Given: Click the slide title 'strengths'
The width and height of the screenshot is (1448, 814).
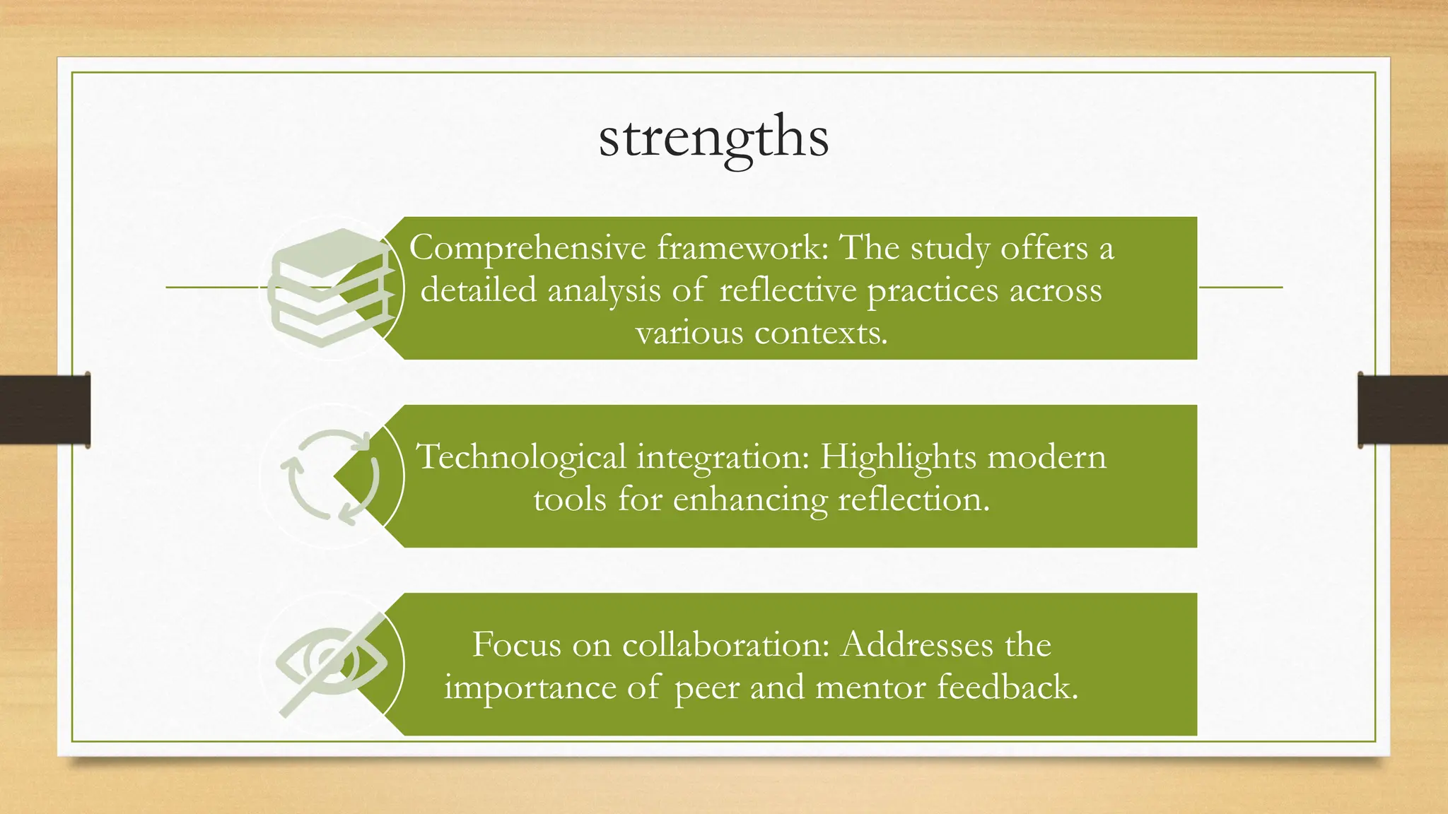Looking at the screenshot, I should coord(713,137).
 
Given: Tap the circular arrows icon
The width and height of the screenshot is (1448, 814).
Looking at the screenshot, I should coord(330,476).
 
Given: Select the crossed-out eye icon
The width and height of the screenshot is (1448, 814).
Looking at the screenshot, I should coord(330,665).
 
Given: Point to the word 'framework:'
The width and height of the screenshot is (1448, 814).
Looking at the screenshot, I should coord(742,249).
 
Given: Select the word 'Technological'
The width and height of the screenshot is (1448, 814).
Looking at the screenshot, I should coord(522,457).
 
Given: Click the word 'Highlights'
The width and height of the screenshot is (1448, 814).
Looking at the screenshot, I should coord(897,457).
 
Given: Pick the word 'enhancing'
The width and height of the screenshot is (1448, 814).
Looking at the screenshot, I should coord(749,500).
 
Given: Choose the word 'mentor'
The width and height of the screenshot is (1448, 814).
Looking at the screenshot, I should coord(870,688).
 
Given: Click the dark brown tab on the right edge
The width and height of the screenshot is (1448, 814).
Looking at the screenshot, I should coord(1403,410).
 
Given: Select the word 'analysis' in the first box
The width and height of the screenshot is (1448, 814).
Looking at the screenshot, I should coord(604,291).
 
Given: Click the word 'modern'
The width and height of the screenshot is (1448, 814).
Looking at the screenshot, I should coord(1046,457).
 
